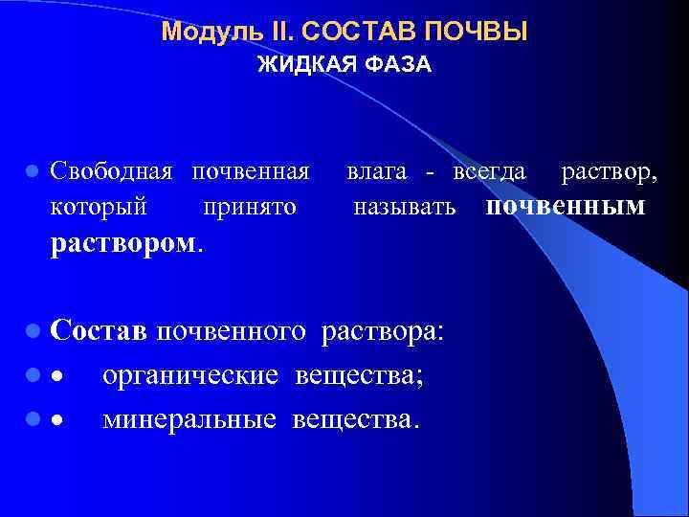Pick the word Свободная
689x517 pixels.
[112, 172]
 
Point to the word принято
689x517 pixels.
[250, 206]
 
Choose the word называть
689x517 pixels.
[405, 206]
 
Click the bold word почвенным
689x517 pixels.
[566, 206]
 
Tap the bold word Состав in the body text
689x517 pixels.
[99, 331]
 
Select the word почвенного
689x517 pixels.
[232, 331]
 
